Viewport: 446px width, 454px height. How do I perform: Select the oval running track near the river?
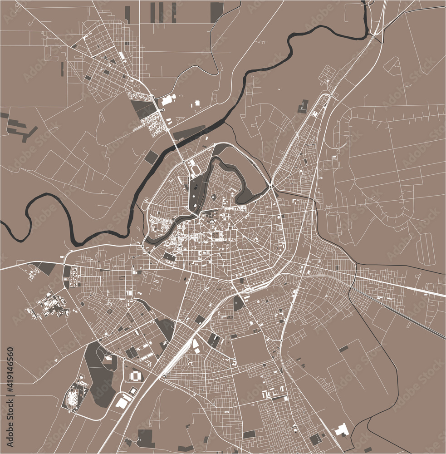click(x=196, y=168)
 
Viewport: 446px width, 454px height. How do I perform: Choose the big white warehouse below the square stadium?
click(x=122, y=402)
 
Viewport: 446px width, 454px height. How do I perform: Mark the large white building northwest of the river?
click(x=167, y=100)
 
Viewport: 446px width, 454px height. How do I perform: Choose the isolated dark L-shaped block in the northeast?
click(x=303, y=107)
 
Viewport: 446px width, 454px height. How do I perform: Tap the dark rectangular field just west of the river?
click(x=152, y=157)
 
